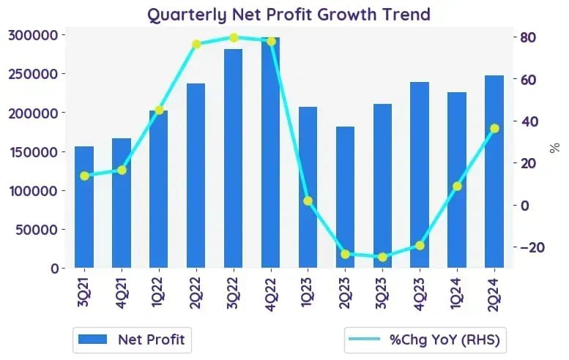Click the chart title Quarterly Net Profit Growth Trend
(x=289, y=15)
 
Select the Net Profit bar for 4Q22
(x=271, y=153)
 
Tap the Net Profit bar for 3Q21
(x=84, y=207)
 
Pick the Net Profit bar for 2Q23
(x=346, y=198)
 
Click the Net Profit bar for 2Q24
(x=494, y=172)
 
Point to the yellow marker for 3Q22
(x=234, y=38)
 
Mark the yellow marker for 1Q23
(x=308, y=201)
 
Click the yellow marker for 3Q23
(x=382, y=258)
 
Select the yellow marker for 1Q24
(x=457, y=187)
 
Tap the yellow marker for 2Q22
(x=196, y=45)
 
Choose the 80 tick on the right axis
(x=529, y=37)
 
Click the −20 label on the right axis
(x=532, y=247)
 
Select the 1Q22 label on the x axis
(x=158, y=293)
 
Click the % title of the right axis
(x=555, y=148)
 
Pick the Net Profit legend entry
(x=132, y=340)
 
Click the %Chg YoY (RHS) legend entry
(x=425, y=340)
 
